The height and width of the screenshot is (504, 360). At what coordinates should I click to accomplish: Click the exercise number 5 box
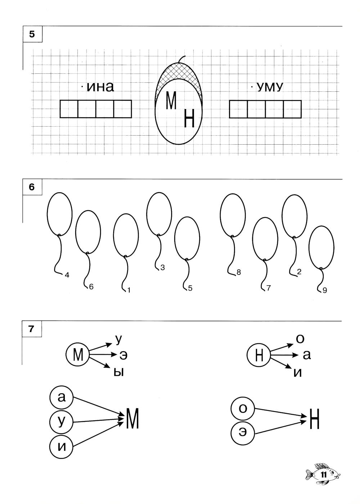coord(32,34)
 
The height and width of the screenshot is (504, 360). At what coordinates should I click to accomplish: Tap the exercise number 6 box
coord(32,187)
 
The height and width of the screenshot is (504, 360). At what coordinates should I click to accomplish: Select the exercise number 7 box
coord(32,328)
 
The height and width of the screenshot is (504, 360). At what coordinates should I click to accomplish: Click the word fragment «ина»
coord(100,87)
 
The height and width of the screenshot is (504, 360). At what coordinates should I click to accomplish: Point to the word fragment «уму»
coord(270,87)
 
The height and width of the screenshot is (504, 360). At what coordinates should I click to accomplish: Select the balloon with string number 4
coord(59,213)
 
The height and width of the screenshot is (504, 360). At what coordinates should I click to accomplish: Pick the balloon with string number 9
coord(321,247)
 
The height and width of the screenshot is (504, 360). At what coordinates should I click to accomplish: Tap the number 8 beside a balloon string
coord(238,273)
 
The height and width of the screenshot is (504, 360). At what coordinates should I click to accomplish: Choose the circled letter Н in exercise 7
coord(258,356)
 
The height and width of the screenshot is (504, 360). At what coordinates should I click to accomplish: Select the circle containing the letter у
coord(61,421)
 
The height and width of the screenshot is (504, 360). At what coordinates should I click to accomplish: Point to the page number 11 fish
coord(323,475)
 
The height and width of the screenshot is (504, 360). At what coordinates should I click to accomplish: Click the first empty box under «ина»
coord(69,109)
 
